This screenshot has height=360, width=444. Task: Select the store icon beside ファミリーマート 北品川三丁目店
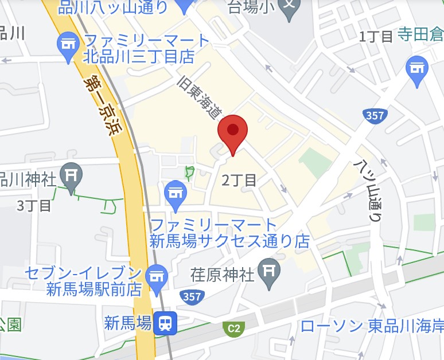68,44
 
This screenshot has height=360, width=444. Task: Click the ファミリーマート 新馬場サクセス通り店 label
229,233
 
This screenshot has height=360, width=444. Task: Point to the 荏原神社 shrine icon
268,271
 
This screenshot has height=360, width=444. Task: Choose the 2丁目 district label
239,181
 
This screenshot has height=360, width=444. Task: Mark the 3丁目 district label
34,205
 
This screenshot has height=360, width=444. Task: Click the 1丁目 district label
376,37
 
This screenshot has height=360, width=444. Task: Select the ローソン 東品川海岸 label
372,326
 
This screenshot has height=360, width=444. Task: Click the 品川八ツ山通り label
113,7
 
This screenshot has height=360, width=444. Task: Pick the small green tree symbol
189,172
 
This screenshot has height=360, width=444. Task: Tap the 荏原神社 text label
222,275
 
